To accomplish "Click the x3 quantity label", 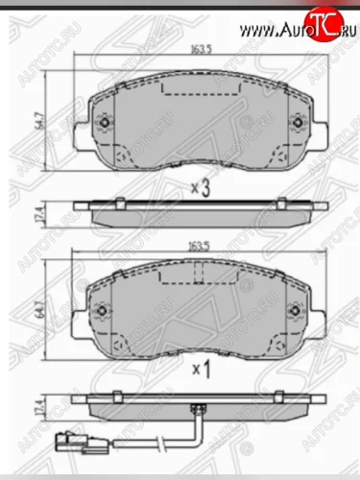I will tap(200, 188).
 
